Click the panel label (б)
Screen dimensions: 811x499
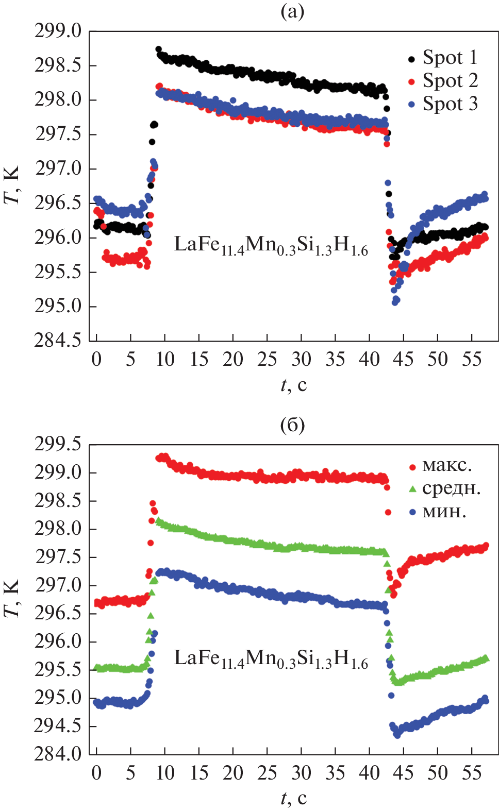292,425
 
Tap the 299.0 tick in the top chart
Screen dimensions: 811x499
58,31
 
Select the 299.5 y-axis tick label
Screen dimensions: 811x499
58,444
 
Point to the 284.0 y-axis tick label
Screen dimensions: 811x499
58,754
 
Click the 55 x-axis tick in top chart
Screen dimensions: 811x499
472,359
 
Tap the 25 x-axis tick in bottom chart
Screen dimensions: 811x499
267,773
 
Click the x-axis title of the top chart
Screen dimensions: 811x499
293,385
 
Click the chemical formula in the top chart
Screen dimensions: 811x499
271,245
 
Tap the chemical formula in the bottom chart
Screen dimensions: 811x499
271,659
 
